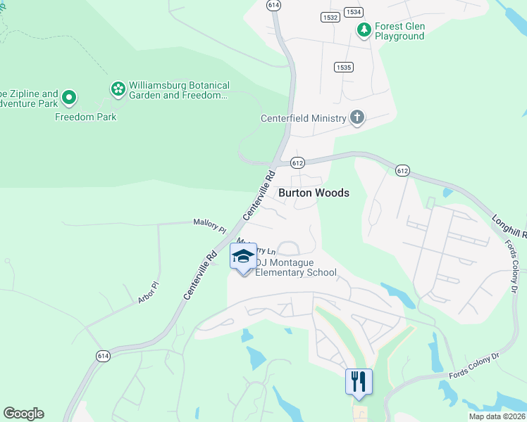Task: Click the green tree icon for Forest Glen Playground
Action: click(364, 30)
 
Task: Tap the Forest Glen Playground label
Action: click(399, 32)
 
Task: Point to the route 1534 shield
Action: click(354, 12)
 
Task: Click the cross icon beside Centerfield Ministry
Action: click(357, 117)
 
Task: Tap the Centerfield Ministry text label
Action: click(304, 118)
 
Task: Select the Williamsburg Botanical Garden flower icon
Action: click(118, 89)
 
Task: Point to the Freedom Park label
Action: click(86, 117)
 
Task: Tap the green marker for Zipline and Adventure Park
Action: click(69, 97)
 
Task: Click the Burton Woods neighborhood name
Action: click(314, 193)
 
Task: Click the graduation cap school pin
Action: click(243, 257)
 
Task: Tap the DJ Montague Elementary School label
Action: click(295, 268)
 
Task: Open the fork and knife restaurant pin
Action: click(359, 382)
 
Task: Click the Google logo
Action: click(23, 414)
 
